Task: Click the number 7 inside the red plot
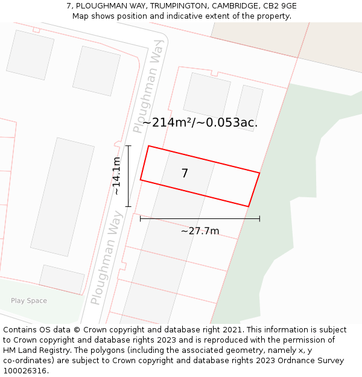pos(185,174)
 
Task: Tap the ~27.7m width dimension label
pos(200,231)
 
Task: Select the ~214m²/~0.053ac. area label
pos(200,122)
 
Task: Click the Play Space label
pos(28,301)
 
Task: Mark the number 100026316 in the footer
pos(24,370)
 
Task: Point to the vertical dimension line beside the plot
pos(128,176)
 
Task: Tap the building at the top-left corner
pos(30,55)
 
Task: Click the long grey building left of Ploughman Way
pos(62,197)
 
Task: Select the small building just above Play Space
pos(62,279)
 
